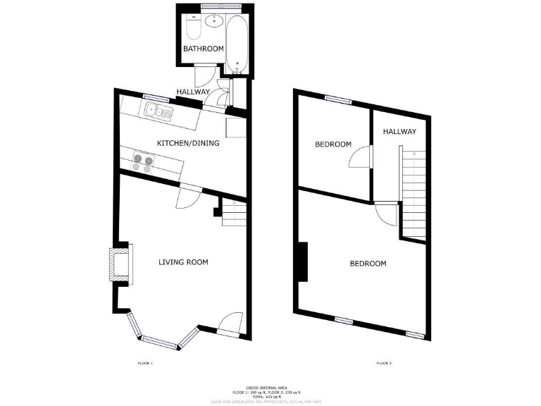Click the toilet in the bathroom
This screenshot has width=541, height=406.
[x=193, y=28]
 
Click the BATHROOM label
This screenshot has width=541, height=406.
[x=204, y=49]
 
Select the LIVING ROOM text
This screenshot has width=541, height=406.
[x=183, y=262]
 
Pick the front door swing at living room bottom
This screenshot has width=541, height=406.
[x=230, y=324]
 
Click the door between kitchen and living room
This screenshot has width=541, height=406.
[x=189, y=197]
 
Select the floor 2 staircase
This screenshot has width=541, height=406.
[x=413, y=192]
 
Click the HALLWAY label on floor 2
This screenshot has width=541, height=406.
[x=399, y=132]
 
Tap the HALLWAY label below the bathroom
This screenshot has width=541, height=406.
[x=192, y=92]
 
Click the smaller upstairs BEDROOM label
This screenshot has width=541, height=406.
[x=332, y=144]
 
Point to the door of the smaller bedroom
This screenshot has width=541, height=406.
[x=360, y=156]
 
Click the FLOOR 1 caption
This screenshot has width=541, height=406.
[x=145, y=364]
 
